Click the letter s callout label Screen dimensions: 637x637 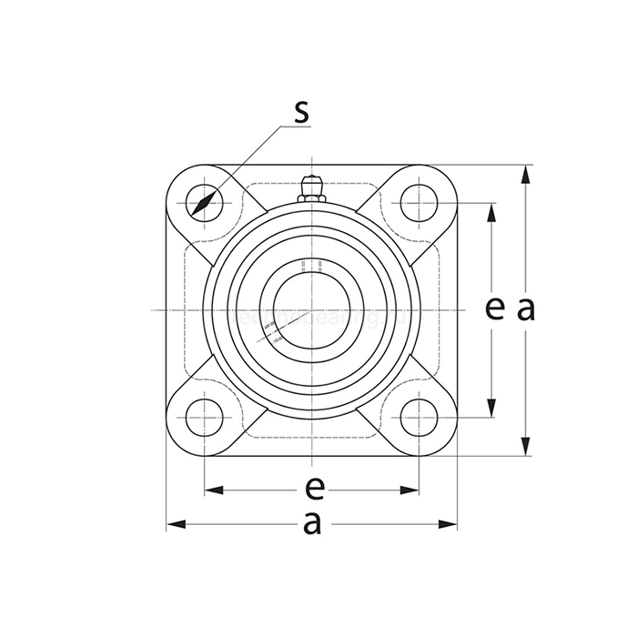click(301, 113)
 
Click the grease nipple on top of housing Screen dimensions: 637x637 click(311, 186)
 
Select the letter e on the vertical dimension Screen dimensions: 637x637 click(494, 310)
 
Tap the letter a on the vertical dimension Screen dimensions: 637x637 click(525, 310)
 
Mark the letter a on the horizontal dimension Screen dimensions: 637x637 click(312, 524)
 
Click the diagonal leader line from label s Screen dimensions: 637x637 click(246, 164)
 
